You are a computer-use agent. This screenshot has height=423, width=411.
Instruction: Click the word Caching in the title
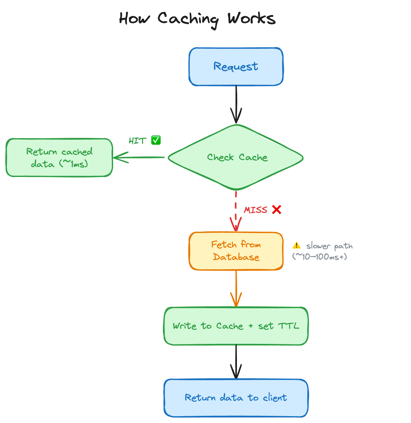(188, 19)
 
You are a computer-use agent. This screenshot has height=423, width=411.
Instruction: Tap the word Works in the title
(251, 19)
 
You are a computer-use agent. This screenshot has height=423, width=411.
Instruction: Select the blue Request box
(236, 67)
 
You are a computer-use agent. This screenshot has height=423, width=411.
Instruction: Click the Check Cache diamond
(236, 157)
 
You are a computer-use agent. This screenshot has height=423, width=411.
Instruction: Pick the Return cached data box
(59, 158)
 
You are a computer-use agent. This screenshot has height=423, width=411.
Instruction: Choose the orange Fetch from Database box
(236, 251)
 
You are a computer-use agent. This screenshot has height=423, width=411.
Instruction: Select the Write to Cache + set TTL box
(236, 326)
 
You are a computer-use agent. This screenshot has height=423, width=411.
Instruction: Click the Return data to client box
(236, 398)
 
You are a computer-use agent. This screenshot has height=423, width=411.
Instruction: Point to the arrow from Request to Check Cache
(236, 105)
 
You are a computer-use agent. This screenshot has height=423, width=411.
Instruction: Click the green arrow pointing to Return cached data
(139, 157)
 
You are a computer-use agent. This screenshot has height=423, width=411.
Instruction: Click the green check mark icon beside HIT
(156, 140)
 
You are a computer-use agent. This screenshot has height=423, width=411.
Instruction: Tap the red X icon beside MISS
(277, 209)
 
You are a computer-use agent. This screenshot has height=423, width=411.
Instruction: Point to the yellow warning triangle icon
(296, 245)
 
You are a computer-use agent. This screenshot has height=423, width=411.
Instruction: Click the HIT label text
(138, 141)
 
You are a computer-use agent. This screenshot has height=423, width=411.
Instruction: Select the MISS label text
(256, 210)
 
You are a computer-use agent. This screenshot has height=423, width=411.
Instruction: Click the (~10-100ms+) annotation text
(319, 257)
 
